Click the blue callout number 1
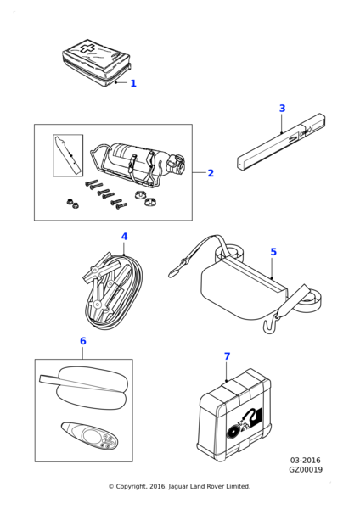(133, 83)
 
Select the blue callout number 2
(211, 173)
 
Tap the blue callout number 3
(283, 109)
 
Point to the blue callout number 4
(125, 237)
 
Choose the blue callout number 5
(273, 252)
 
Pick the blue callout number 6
(83, 341)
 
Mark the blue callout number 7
(227, 356)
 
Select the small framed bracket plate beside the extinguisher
(68, 155)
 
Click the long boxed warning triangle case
(281, 141)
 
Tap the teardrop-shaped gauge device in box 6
(90, 437)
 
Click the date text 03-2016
(305, 461)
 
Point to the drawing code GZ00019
(306, 470)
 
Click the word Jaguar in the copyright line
(178, 487)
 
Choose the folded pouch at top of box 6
(84, 387)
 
